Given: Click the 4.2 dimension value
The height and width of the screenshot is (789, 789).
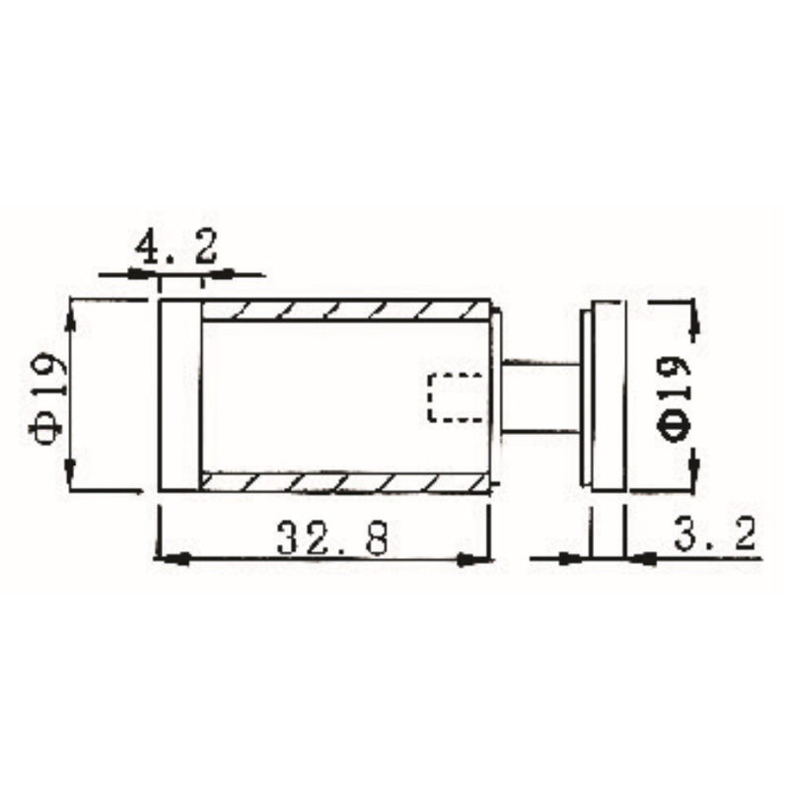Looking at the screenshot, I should point(179,247).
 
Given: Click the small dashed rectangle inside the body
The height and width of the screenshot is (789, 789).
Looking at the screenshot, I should point(456,397).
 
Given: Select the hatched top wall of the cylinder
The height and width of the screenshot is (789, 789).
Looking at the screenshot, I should point(345,311).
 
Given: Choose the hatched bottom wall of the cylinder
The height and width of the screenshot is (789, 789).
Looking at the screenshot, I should point(345,482).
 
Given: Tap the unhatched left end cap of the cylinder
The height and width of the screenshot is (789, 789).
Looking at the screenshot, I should point(180,394).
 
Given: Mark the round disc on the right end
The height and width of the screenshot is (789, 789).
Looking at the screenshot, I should point(604,394).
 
